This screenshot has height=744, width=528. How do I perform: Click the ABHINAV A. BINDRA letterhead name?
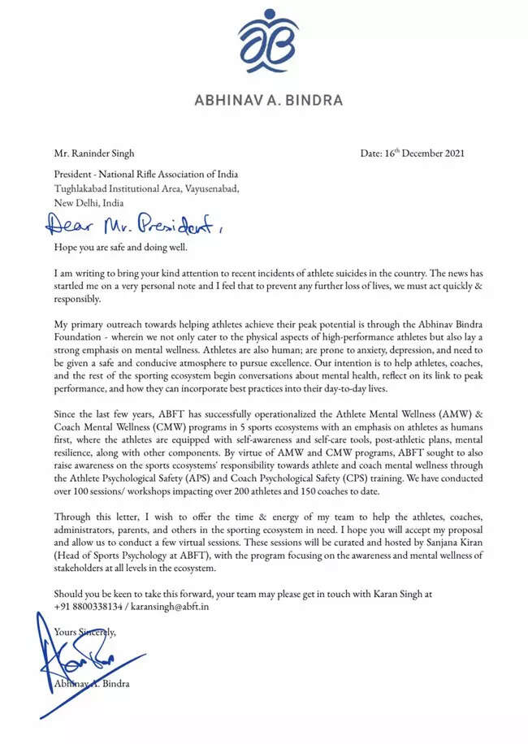[268, 101]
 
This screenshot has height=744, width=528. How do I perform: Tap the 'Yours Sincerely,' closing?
[85, 631]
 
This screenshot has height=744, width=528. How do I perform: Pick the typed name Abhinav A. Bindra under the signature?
[93, 683]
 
